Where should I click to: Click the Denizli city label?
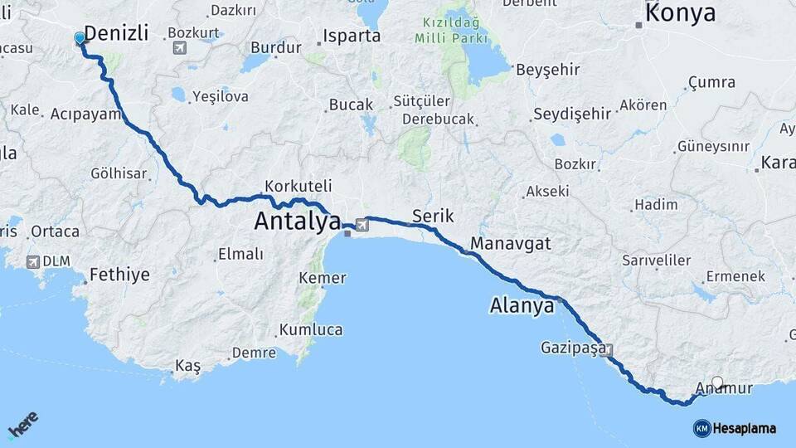(117, 33)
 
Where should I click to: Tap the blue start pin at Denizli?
(80, 38)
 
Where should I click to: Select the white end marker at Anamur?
(717, 382)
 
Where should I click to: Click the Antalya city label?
(298, 222)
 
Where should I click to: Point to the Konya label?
(680, 13)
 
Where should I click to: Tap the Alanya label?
(522, 305)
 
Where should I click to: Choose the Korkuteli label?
(298, 186)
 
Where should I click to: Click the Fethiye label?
(119, 274)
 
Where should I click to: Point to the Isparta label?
(352, 37)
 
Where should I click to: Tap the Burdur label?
(275, 48)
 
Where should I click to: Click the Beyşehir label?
(548, 70)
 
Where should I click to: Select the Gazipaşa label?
(573, 347)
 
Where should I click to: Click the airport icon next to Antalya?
(362, 224)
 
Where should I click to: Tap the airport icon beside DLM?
(33, 261)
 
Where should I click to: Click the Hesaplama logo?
(735, 428)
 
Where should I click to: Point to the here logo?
(23, 425)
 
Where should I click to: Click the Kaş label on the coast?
(187, 367)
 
